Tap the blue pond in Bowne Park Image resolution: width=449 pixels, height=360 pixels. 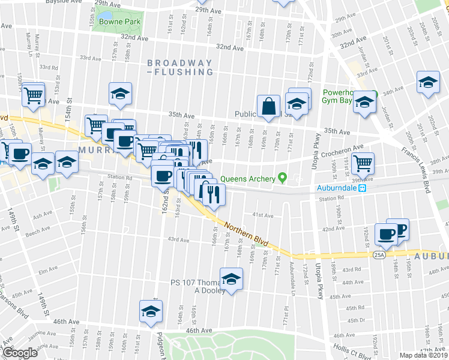(x=106, y=15)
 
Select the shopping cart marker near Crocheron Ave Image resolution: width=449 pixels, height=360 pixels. (x=362, y=162)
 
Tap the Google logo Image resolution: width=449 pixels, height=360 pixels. (x=20, y=353)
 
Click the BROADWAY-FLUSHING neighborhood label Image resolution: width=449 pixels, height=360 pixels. (x=180, y=67)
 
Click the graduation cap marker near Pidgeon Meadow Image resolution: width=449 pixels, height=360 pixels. (x=151, y=310)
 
